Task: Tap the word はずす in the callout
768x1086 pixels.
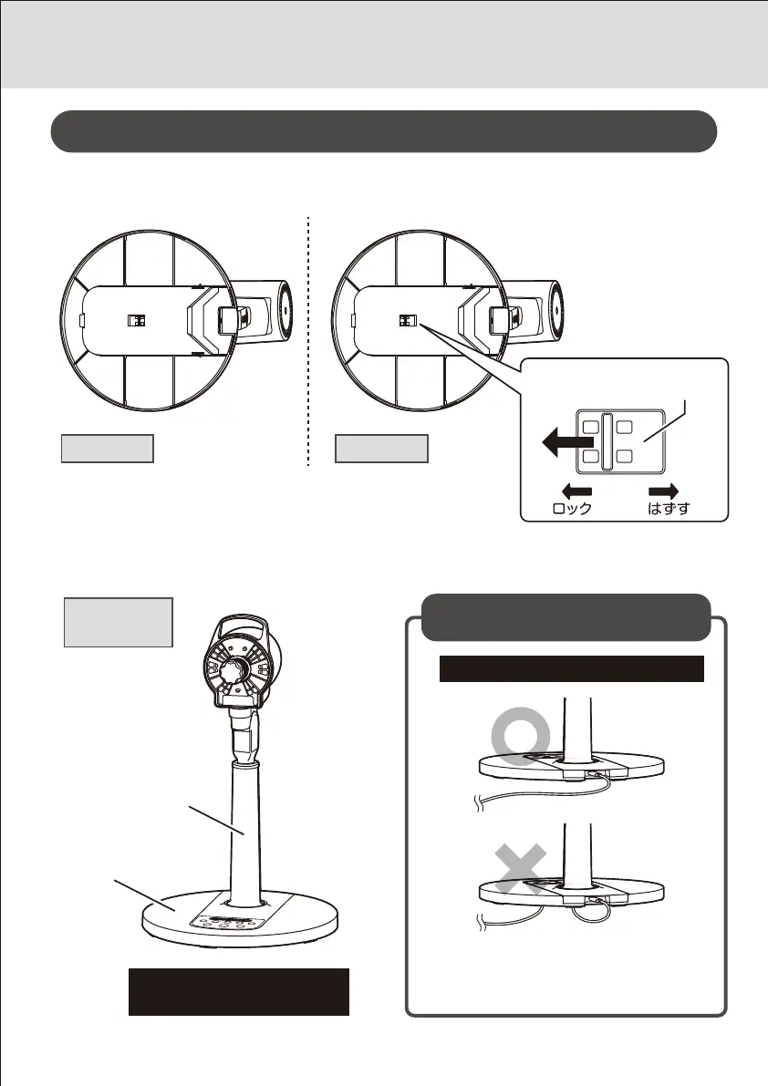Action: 668,509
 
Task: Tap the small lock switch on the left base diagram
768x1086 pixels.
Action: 135,321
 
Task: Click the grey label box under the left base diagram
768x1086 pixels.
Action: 107,449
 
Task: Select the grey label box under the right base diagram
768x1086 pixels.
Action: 381,449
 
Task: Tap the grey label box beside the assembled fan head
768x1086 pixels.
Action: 118,622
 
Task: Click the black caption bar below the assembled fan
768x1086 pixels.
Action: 238,991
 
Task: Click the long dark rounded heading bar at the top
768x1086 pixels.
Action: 383,132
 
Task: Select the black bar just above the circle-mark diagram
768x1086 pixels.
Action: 572,668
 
